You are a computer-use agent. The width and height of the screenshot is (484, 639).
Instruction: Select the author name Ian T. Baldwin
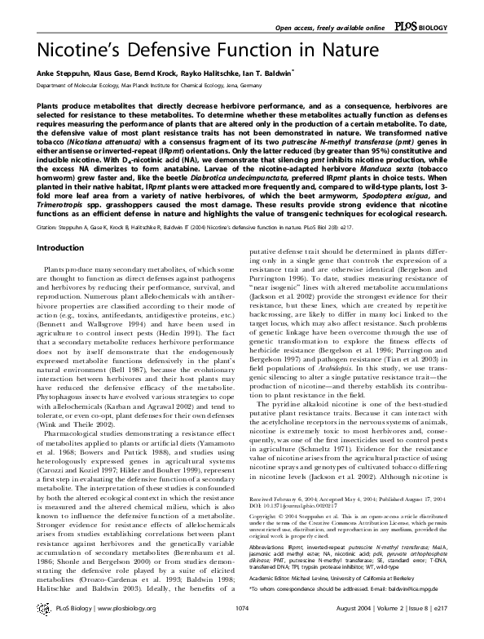(266, 73)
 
